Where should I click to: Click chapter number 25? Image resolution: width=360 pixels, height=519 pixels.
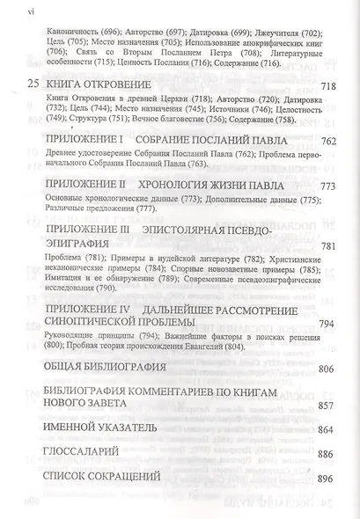(33, 107)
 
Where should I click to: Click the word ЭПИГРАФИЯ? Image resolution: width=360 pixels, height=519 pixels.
(92, 271)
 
